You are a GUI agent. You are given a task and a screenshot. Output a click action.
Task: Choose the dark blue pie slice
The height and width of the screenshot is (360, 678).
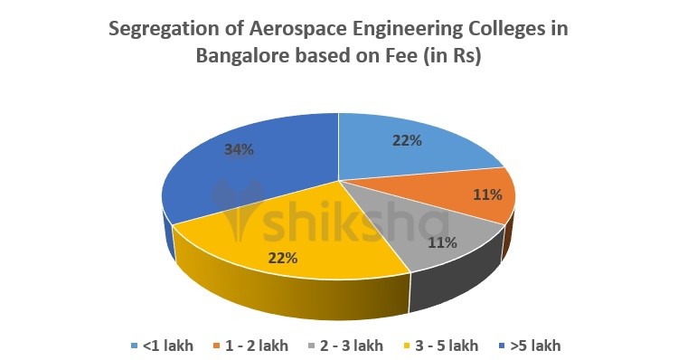coord(253,172)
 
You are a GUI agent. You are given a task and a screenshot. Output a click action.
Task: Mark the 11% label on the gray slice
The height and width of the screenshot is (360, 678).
coord(442,242)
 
